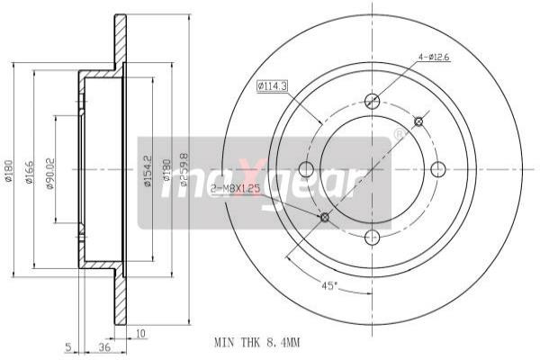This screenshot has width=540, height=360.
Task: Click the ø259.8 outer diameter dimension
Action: coord(184,169)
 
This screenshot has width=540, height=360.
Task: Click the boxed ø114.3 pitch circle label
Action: coord(271,86)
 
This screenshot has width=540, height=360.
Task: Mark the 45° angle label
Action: coord(331,286)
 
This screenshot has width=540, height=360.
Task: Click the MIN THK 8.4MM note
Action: coord(256,343)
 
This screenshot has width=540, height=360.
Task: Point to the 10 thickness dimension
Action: coord(139,334)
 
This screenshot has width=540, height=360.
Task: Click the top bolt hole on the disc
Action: coord(372,101)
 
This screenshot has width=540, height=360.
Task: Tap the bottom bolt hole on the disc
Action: coord(372,238)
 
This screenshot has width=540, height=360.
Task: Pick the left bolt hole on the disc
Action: coord(305,169)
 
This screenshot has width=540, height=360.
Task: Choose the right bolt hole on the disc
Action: coord(439,169)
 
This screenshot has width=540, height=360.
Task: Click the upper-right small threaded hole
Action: coord(418,121)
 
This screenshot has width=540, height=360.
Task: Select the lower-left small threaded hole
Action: coord(325,217)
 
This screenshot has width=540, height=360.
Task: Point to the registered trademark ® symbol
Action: coord(399,134)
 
